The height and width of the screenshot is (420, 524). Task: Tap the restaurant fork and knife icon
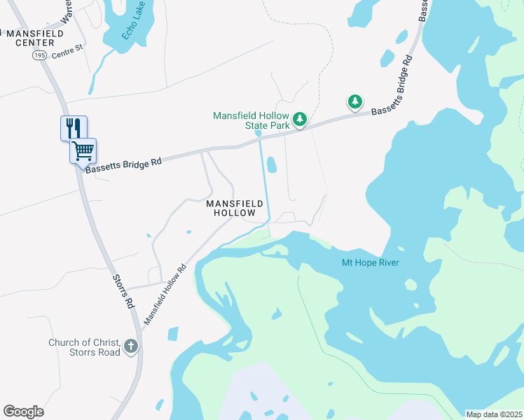(x=74, y=128)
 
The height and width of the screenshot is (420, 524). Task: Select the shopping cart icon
(x=83, y=150)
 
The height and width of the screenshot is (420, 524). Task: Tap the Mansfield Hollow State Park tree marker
(x=300, y=120)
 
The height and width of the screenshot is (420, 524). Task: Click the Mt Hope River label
(x=370, y=262)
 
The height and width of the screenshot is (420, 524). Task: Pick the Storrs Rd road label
(x=123, y=290)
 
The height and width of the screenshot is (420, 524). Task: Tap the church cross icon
(x=130, y=346)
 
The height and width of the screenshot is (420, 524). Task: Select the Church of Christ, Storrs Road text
(x=84, y=346)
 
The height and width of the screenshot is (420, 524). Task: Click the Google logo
(x=23, y=412)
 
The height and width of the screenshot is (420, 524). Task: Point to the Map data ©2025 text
(x=494, y=414)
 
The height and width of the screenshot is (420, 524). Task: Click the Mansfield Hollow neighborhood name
(x=235, y=208)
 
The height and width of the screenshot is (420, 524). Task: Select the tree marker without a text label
(x=355, y=102)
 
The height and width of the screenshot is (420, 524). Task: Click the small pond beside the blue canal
(x=271, y=164)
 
